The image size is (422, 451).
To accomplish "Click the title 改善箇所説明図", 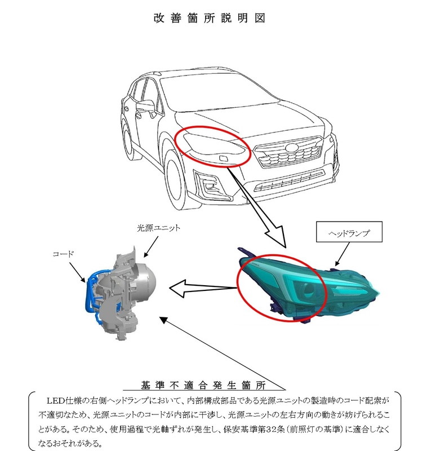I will (x=209, y=17).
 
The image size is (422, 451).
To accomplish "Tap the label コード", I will (x=63, y=254).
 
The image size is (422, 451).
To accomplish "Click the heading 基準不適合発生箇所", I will (x=211, y=386).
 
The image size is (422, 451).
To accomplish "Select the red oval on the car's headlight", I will (x=212, y=145).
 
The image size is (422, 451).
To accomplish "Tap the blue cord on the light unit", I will (x=88, y=299).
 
